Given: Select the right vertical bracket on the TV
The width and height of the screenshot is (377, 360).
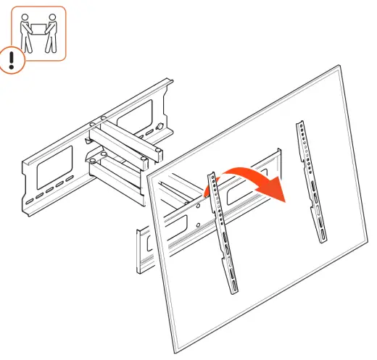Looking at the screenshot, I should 310,182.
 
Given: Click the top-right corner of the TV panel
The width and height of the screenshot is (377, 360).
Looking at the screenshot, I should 339,67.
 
